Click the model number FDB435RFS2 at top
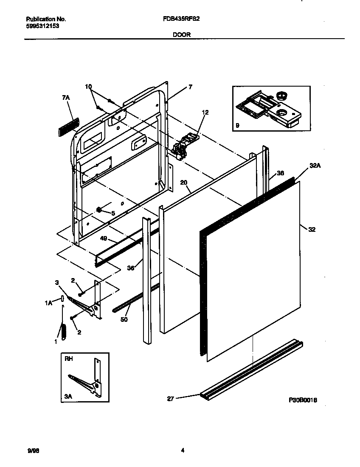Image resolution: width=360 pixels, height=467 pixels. click(x=182, y=19)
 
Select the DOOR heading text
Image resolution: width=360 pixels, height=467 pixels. click(x=182, y=35)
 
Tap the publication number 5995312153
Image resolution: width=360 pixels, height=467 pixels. click(x=42, y=26)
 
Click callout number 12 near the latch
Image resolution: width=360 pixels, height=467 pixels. click(x=205, y=113)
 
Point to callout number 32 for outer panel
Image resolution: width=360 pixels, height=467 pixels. click(x=312, y=229)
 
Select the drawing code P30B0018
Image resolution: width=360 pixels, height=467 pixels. click(x=304, y=400)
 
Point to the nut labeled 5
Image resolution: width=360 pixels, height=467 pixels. click(x=99, y=209)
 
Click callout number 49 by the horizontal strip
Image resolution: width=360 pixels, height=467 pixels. click(x=104, y=239)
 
